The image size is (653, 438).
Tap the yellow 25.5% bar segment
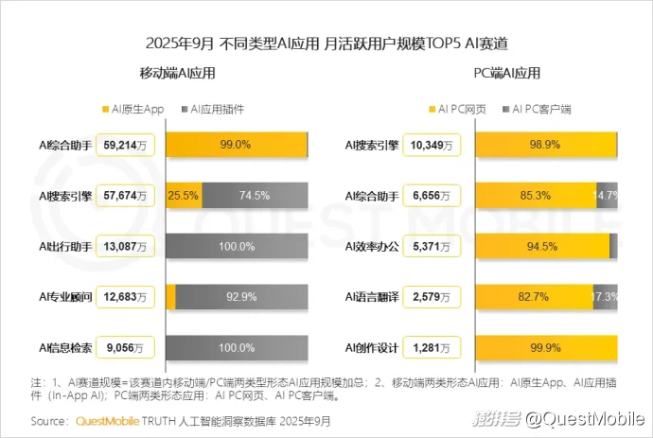(x=183, y=196)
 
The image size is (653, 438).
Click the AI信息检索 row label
(x=65, y=347)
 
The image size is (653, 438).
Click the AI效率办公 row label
(x=370, y=246)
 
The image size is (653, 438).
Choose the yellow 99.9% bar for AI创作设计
(x=546, y=347)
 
